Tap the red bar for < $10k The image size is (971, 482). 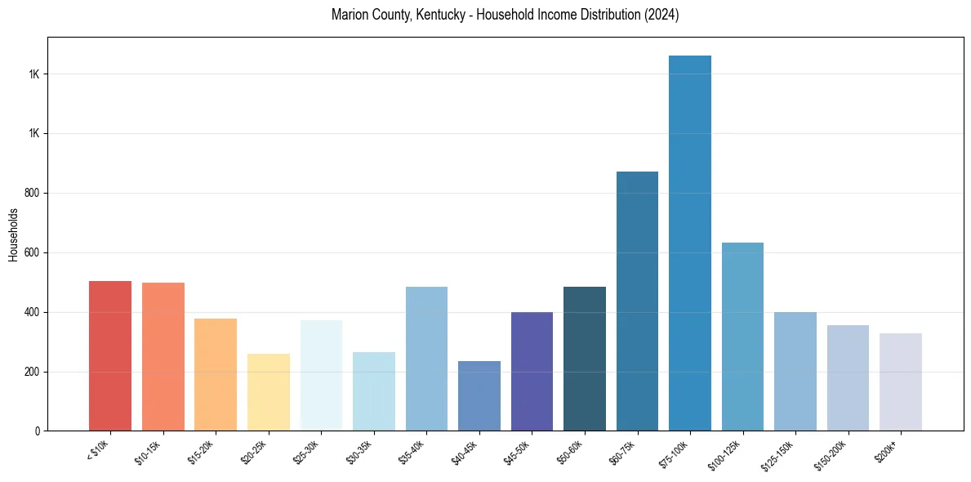pyautogui.click(x=110, y=355)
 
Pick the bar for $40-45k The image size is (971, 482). pyautogui.click(x=479, y=395)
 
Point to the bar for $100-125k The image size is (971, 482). pyautogui.click(x=742, y=337)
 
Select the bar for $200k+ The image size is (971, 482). pyautogui.click(x=901, y=382)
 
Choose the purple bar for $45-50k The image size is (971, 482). pyautogui.click(x=532, y=371)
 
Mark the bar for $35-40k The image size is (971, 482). pyautogui.click(x=426, y=359)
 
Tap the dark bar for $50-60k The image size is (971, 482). pyautogui.click(x=585, y=359)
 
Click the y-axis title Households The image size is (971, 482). pyautogui.click(x=13, y=234)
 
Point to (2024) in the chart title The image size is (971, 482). pyautogui.click(x=661, y=15)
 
